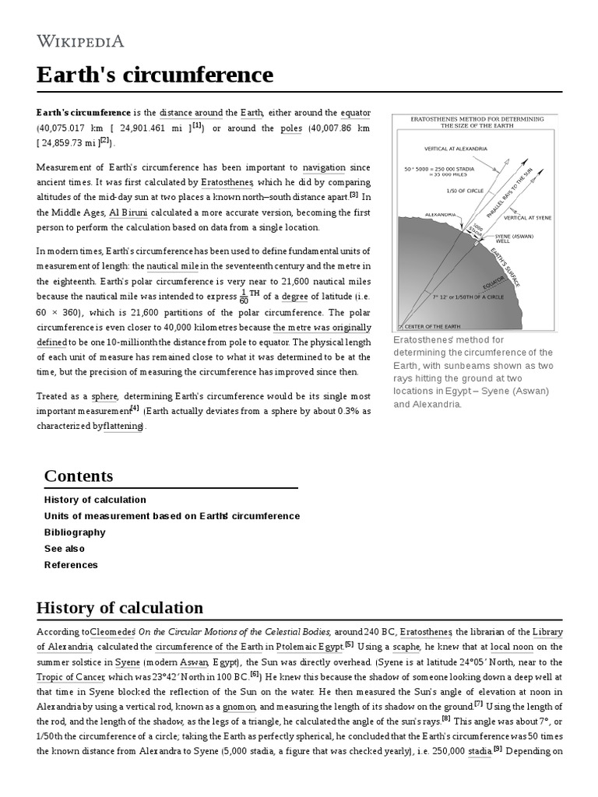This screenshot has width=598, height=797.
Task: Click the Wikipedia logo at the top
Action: point(80,40)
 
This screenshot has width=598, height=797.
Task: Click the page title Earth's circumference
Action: point(155,75)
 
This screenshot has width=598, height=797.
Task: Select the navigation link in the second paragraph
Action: point(324,167)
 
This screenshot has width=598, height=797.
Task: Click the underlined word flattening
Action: point(124,426)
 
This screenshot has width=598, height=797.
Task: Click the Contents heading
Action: point(79,476)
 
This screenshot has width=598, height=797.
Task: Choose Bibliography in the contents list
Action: point(75,532)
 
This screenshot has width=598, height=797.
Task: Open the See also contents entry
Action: point(65,549)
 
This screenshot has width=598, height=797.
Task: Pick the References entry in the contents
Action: point(71,565)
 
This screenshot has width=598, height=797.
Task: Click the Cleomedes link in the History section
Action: point(114,631)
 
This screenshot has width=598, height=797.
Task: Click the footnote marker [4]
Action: point(135,407)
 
